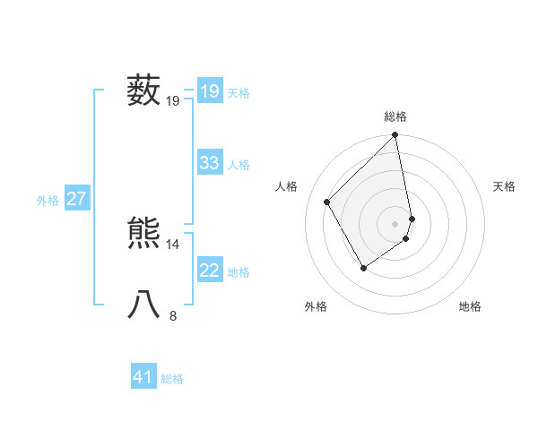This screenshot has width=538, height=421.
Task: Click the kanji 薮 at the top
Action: click(x=143, y=90)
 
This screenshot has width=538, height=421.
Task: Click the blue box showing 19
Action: click(x=209, y=91)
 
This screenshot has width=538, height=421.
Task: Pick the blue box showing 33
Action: click(x=209, y=163)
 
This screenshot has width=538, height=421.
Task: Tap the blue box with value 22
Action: click(x=209, y=271)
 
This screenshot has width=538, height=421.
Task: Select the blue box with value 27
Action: click(x=76, y=199)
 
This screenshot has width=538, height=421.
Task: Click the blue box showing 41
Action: click(x=143, y=377)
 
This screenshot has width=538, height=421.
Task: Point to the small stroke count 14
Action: click(x=173, y=245)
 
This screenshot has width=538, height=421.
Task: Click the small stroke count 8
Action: click(x=173, y=315)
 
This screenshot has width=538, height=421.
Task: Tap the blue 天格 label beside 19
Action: click(x=239, y=93)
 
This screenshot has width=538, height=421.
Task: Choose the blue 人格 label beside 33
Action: click(x=239, y=165)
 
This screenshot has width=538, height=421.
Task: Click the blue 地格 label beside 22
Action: click(x=239, y=272)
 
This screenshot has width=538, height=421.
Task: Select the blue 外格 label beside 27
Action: click(x=48, y=201)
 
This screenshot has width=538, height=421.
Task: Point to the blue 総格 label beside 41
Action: click(x=172, y=379)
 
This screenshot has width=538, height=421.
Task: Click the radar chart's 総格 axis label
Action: click(x=395, y=116)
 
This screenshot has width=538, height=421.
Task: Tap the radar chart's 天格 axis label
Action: click(x=504, y=186)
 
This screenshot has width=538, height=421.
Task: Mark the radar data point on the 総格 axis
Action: click(x=395, y=135)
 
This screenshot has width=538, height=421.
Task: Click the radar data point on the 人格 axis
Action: click(x=327, y=202)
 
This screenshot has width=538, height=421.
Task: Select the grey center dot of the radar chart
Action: click(x=395, y=223)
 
